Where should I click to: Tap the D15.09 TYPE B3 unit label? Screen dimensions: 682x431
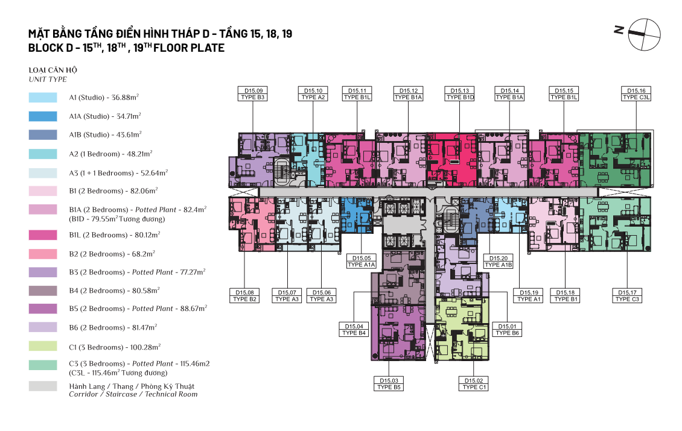[253, 94]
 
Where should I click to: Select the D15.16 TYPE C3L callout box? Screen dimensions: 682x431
[636, 94]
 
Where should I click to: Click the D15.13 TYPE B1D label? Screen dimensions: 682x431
[460, 94]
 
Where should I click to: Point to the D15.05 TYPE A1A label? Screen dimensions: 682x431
[362, 261]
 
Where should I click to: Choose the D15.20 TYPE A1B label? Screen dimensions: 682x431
[499, 261]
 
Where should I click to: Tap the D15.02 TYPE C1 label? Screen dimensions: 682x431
[474, 383]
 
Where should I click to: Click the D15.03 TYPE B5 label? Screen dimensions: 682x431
[389, 383]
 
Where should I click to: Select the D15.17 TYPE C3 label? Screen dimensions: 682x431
[627, 296]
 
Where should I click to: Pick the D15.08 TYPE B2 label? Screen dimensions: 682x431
[244, 296]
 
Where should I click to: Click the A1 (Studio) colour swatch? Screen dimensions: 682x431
[43, 97]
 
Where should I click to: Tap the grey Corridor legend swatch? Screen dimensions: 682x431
[43, 386]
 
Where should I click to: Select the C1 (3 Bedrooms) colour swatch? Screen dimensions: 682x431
[43, 346]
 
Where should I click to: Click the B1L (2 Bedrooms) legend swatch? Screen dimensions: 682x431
[43, 235]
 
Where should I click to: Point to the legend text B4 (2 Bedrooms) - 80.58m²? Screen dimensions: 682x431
[115, 290]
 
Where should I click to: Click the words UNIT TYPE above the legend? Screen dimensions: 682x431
[48, 80]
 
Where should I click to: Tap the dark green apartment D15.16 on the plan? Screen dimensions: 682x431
[616, 160]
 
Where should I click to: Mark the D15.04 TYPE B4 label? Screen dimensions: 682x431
[354, 330]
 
